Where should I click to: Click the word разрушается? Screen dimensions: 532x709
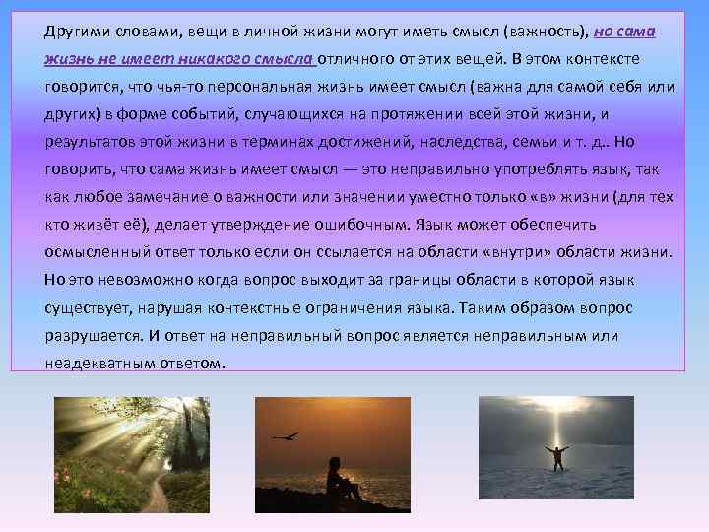coord(92,335)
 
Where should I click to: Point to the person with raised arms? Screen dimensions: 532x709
coord(557,457)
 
